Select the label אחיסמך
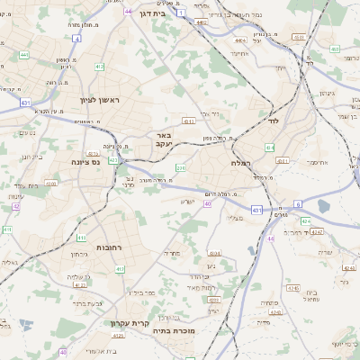tap(316, 162)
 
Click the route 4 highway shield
tap(181, 13)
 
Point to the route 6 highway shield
tap(298, 204)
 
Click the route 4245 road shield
tap(293, 288)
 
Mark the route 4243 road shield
tap(213, 300)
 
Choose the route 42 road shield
tap(16, 206)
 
